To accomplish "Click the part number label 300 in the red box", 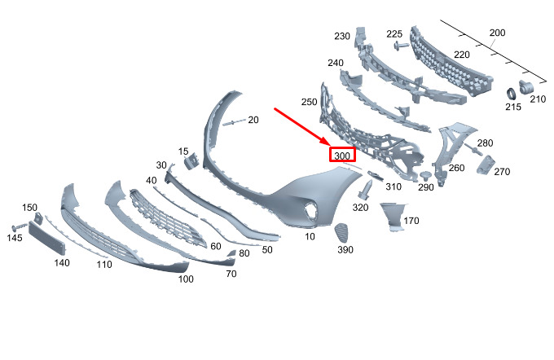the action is click(342, 156).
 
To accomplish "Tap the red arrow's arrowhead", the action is click(325, 141).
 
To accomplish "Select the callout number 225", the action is click(394, 34).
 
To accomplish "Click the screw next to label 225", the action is click(401, 46).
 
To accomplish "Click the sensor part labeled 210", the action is click(526, 86).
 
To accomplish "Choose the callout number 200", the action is click(497, 33).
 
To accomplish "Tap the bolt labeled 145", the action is click(19, 226).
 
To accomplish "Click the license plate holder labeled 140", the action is click(47, 238).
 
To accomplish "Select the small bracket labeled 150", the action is click(39, 217).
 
